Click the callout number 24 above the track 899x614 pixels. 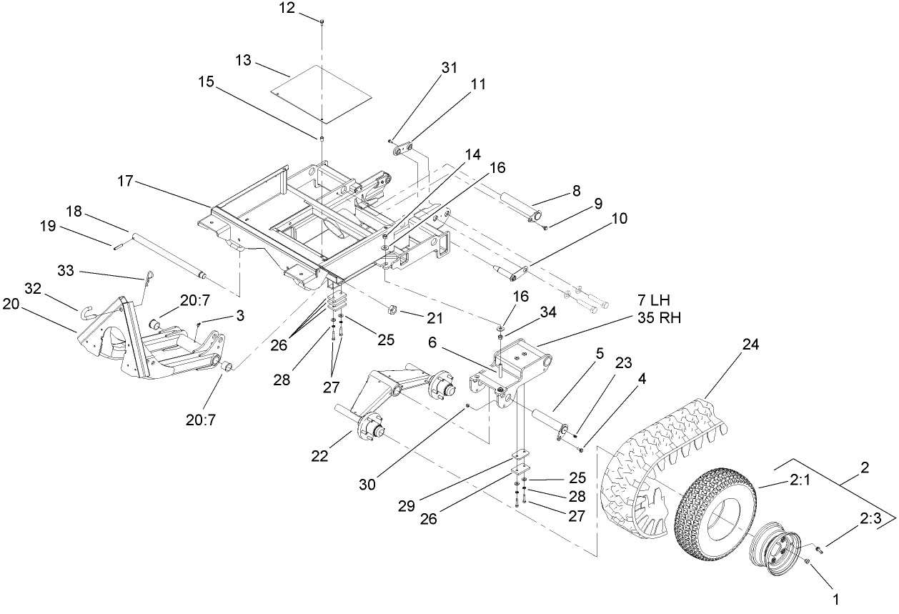click(x=750, y=345)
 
